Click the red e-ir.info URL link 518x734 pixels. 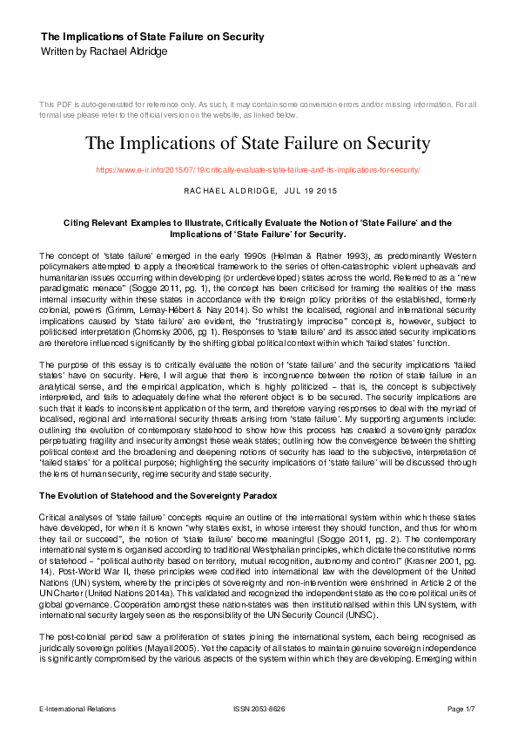click(x=259, y=169)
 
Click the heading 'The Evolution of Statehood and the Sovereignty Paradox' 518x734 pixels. click(x=158, y=495)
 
